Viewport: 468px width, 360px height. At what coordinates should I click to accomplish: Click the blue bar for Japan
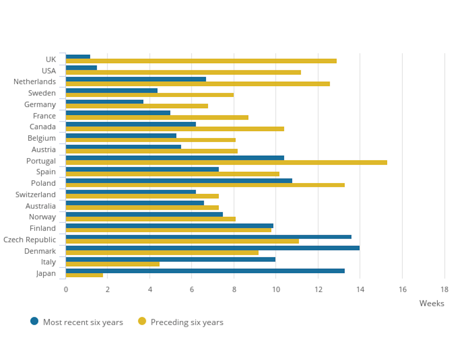[205, 271]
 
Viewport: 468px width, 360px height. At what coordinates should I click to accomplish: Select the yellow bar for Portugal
[226, 163]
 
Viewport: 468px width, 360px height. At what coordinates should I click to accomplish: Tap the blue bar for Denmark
[212, 248]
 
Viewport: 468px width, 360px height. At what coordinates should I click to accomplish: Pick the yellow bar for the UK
[201, 61]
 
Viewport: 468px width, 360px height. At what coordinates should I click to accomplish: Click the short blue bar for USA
[81, 68]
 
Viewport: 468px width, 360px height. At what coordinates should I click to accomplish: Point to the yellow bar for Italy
[112, 264]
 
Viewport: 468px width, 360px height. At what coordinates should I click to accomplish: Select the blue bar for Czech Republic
[208, 237]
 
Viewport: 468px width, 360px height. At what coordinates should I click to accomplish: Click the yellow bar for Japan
[84, 275]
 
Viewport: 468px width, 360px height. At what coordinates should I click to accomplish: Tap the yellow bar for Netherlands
[197, 84]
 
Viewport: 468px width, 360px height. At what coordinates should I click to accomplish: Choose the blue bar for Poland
[179, 180]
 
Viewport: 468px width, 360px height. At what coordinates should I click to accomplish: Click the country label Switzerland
[36, 194]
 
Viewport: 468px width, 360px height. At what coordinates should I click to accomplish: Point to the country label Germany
[40, 104]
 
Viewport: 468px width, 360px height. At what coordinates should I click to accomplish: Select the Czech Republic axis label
[29, 239]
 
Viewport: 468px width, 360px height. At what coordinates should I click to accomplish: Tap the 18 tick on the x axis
[444, 289]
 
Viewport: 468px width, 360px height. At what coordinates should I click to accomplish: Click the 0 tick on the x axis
[66, 289]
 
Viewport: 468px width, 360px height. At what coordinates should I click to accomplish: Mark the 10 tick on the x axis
[276, 289]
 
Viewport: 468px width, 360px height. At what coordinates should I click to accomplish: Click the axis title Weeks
[431, 303]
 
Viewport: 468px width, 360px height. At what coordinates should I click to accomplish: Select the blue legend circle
[34, 321]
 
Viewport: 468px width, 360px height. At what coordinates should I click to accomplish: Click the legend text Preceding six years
[187, 322]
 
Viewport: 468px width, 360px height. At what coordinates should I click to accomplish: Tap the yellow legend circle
[142, 321]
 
